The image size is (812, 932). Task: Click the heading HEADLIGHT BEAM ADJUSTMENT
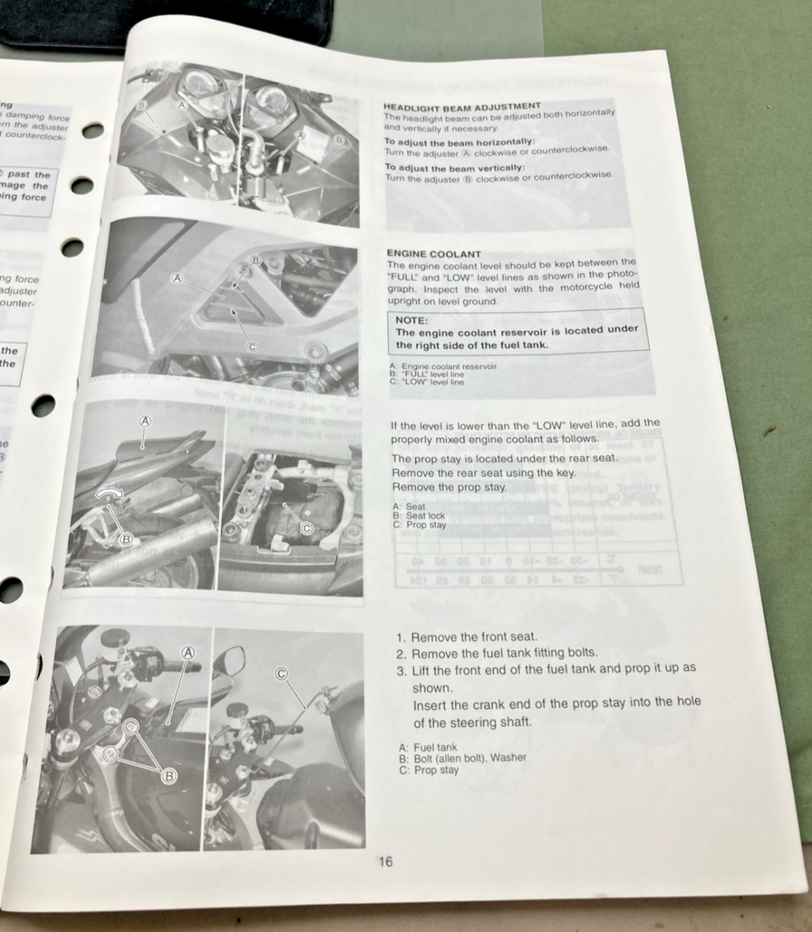pyautogui.click(x=462, y=106)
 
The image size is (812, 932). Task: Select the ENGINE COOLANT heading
pyautogui.click(x=433, y=254)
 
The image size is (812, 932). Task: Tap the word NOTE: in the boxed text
pyautogui.click(x=411, y=319)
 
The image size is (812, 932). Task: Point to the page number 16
pyautogui.click(x=385, y=861)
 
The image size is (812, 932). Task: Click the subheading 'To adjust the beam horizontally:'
pyautogui.click(x=460, y=142)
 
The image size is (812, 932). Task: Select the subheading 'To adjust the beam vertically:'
pyautogui.click(x=455, y=168)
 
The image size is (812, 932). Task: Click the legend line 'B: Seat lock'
pyautogui.click(x=419, y=516)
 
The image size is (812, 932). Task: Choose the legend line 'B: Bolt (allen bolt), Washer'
pyautogui.click(x=462, y=758)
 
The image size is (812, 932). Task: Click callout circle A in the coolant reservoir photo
pyautogui.click(x=178, y=277)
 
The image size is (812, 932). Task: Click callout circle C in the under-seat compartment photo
pyautogui.click(x=306, y=528)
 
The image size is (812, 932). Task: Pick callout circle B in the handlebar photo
pyautogui.click(x=168, y=775)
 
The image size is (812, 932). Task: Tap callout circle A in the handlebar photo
pyautogui.click(x=188, y=652)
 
